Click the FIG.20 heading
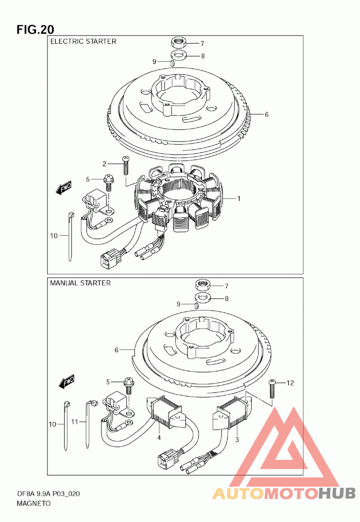point(35,29)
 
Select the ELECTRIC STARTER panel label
point(83,41)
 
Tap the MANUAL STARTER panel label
point(80,283)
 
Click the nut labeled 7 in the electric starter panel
point(178,42)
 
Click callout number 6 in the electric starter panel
point(266,114)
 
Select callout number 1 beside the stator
point(239,199)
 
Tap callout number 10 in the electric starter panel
point(54,236)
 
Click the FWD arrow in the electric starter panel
point(63,188)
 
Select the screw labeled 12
point(272,389)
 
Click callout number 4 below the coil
point(159,437)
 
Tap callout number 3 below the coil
point(237,440)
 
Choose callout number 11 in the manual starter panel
point(75,422)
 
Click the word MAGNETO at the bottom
point(34,504)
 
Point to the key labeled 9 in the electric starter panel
point(172,63)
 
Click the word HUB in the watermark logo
point(337,493)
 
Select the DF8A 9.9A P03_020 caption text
point(48,494)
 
